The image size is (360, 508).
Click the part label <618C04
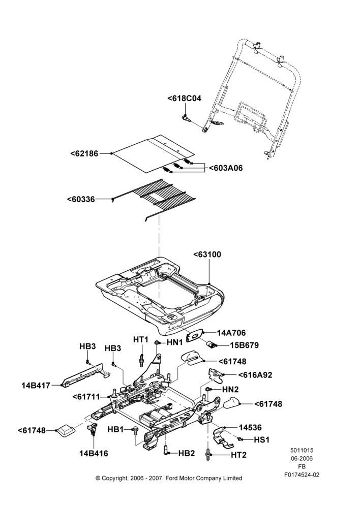[x=184, y=98]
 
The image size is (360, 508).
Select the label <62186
[x=84, y=153]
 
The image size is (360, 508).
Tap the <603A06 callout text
[x=226, y=168]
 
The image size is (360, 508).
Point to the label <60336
[x=81, y=199]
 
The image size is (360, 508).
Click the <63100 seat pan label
[x=207, y=255]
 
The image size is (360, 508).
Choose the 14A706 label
[x=231, y=333]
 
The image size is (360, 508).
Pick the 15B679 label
[x=245, y=345]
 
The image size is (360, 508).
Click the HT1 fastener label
[x=141, y=339]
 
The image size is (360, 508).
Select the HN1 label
[x=175, y=342]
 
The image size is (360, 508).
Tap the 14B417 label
[x=36, y=386]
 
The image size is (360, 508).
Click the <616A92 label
[x=255, y=375]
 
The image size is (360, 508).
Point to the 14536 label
[x=250, y=428]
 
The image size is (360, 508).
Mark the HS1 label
[x=262, y=440]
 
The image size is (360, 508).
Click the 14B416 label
[x=94, y=453]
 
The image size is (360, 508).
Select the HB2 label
[x=187, y=453]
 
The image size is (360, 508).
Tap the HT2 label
[x=238, y=455]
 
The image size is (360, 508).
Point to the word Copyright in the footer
[x=114, y=478]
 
